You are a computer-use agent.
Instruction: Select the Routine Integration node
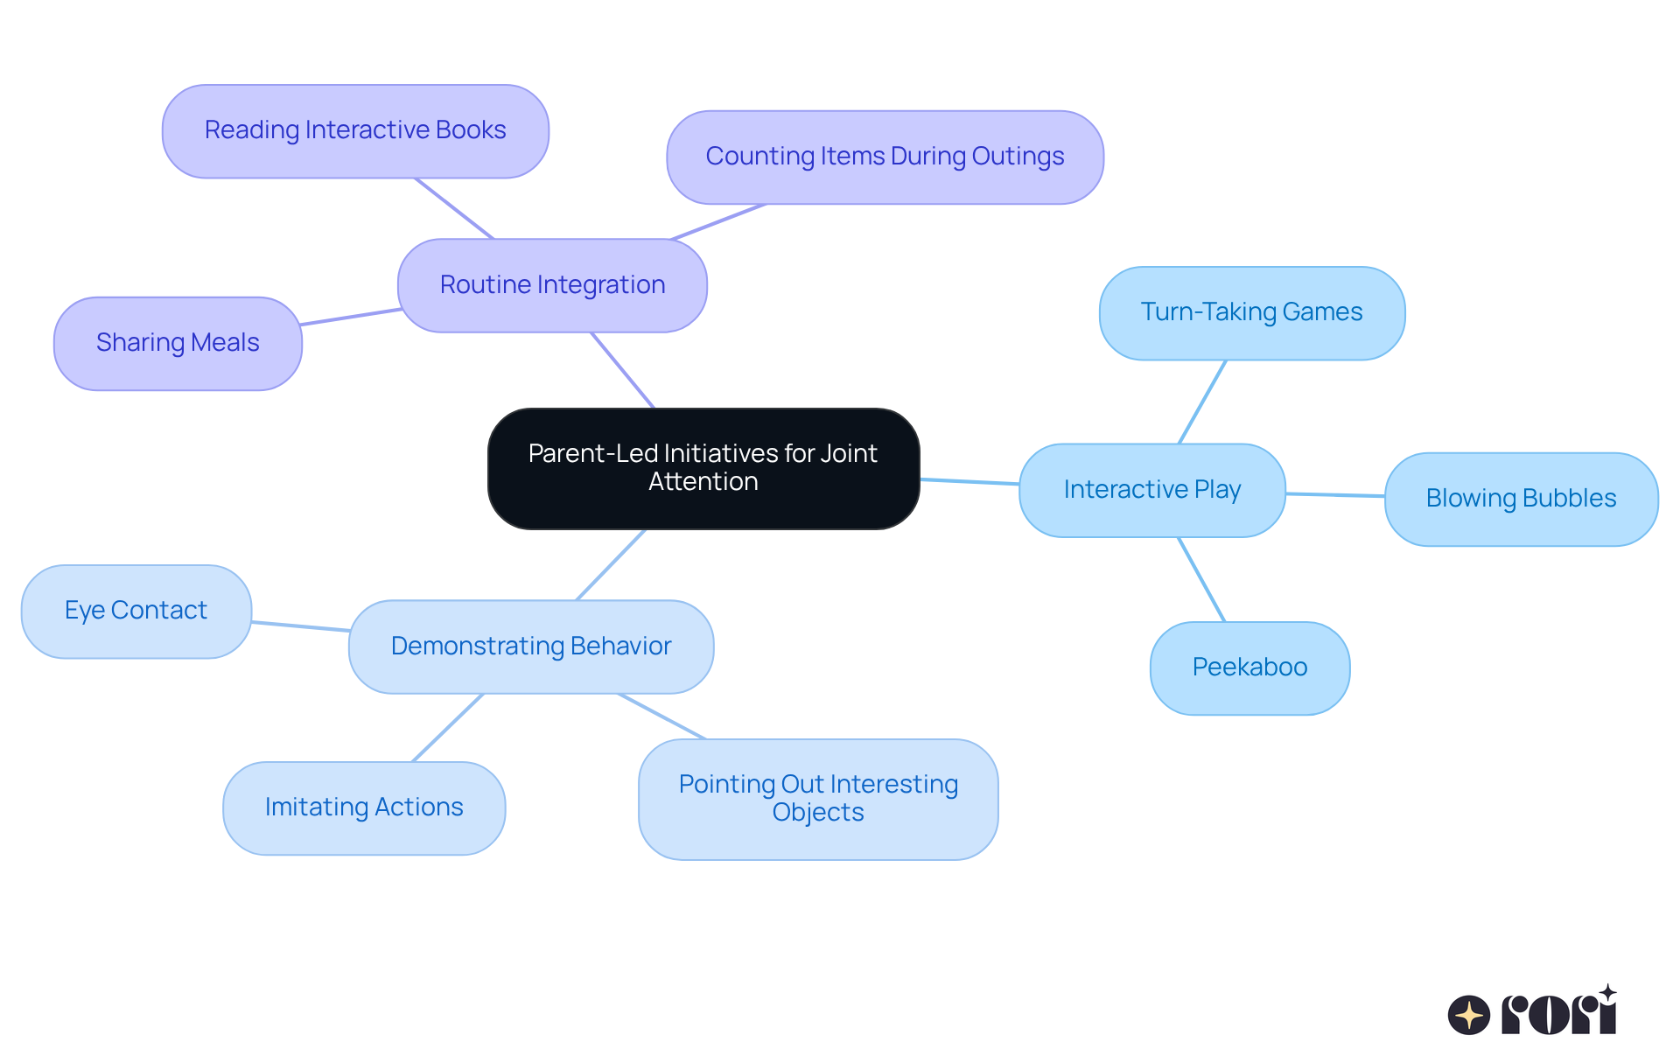(x=552, y=285)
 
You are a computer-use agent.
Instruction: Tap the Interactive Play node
(x=1151, y=490)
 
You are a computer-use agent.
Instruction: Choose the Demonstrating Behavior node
(x=530, y=647)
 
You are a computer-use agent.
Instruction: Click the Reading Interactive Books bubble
(x=355, y=131)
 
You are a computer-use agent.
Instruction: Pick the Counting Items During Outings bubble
(x=885, y=157)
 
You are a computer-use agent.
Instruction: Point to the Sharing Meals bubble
(x=178, y=343)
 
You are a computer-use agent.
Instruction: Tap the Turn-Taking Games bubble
(x=1251, y=313)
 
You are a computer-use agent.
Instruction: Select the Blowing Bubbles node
(x=1521, y=499)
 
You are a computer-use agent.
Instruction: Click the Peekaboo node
(x=1249, y=668)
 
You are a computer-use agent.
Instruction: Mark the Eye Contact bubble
(x=136, y=611)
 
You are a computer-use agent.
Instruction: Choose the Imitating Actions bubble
(x=364, y=808)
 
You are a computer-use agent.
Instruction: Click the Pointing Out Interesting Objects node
(x=818, y=799)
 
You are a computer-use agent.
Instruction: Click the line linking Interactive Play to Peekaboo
(x=1201, y=579)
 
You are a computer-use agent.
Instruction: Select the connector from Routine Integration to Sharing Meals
(x=350, y=317)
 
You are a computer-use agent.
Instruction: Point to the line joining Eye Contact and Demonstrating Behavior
(x=300, y=626)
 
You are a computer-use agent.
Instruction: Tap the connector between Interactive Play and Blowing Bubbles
(x=1335, y=495)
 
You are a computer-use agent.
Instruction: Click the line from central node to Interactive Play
(x=969, y=481)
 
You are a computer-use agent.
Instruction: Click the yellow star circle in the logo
(x=1468, y=1015)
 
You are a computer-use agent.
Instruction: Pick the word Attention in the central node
(x=703, y=482)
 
